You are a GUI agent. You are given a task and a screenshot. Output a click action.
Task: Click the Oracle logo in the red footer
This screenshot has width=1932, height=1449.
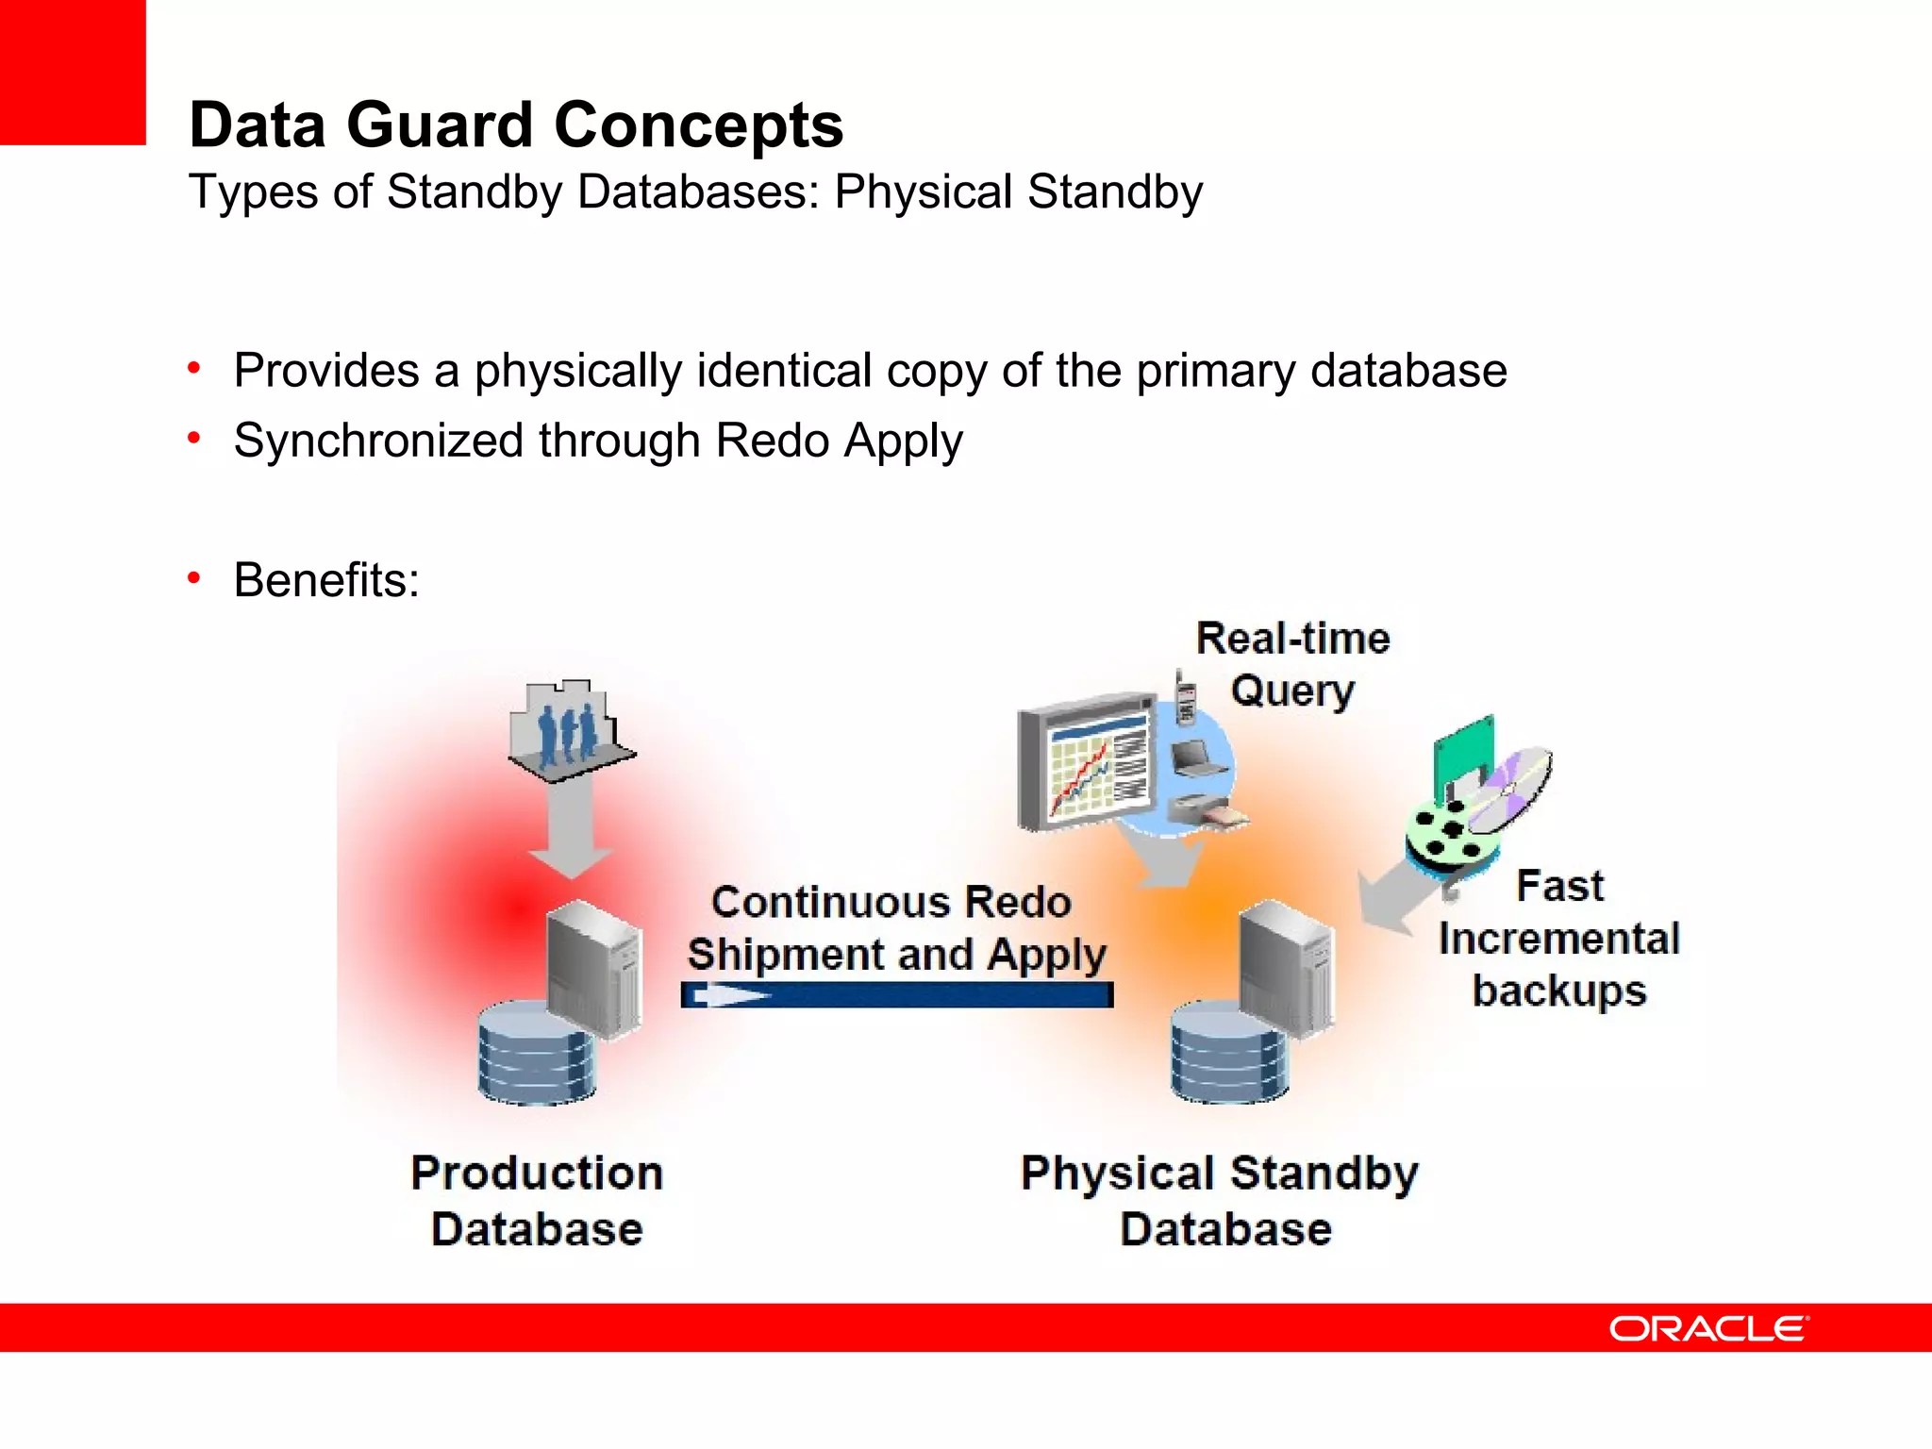[x=1707, y=1328]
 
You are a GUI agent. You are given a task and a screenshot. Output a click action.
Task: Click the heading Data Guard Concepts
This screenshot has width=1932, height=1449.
[x=515, y=125]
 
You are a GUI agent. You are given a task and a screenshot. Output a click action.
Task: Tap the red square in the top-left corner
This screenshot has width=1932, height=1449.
[x=72, y=72]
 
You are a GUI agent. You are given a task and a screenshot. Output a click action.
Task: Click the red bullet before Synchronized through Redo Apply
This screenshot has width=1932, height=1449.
[x=194, y=438]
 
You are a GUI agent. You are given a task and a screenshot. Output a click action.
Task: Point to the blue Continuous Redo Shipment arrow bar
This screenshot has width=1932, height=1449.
[x=896, y=995]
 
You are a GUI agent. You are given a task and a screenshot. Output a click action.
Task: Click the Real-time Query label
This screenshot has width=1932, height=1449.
[x=1292, y=664]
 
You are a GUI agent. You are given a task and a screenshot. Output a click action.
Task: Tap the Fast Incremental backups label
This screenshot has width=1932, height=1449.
[x=1558, y=939]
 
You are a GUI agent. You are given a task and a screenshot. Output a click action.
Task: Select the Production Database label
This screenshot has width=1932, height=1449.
[x=537, y=1200]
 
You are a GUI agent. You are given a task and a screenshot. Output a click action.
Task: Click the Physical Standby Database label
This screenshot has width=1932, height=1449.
[x=1221, y=1200]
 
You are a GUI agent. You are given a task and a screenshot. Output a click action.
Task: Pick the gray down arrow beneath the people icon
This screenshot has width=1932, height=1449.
[x=570, y=830]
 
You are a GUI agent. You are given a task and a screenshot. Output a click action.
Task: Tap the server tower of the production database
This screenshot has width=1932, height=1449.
[x=594, y=967]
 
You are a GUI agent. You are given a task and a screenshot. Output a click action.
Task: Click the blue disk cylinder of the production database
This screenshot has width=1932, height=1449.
[x=536, y=1055]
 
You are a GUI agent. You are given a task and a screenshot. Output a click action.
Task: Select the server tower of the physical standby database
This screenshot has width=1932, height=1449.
[x=1287, y=967]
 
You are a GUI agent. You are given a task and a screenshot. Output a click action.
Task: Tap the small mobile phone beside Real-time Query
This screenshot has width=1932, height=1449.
[x=1185, y=699]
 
